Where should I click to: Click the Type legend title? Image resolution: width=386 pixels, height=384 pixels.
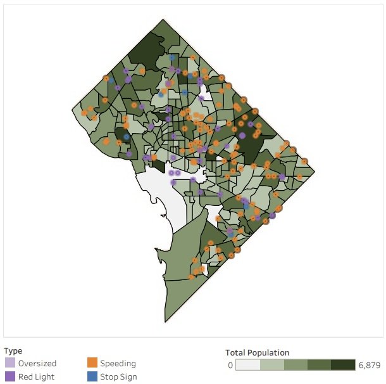pos(13,350)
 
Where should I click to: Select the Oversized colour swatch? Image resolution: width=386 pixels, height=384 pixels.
pos(9,364)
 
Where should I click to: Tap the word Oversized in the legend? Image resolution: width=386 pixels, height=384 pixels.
pos(37,364)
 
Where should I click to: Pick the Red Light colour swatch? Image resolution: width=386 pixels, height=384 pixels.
pos(9,377)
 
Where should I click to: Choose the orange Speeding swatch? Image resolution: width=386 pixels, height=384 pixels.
pos(92,364)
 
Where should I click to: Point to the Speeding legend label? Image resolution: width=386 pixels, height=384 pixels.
pos(118,364)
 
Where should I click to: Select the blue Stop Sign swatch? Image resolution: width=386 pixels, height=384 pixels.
pos(92,377)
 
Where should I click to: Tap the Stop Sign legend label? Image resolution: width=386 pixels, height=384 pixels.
pos(118,377)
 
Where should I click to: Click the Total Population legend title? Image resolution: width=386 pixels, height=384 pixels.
pos(257,352)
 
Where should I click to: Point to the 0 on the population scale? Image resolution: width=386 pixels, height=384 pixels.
pos(230,365)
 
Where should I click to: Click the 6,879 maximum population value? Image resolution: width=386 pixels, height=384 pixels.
pos(370,365)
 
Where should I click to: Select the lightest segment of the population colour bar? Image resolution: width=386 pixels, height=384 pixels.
pos(247,365)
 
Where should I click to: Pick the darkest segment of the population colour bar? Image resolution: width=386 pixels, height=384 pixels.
pos(343,365)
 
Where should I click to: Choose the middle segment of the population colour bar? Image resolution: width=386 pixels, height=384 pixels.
pos(296,365)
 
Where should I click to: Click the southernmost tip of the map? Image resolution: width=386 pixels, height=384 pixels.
pos(166,321)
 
